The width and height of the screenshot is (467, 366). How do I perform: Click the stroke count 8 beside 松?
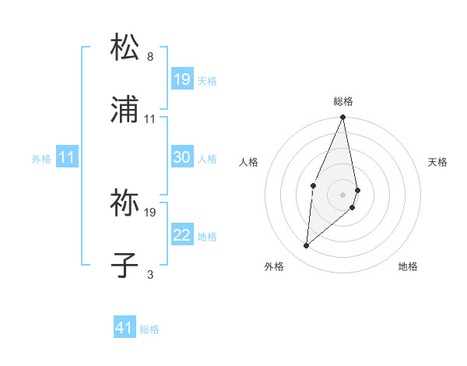(x=149, y=57)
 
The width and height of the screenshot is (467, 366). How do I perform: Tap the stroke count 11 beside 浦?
(x=150, y=119)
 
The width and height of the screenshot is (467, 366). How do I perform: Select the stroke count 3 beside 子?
(x=149, y=275)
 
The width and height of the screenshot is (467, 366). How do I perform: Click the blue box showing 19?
(x=182, y=79)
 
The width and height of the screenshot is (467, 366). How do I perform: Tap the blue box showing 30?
(x=182, y=157)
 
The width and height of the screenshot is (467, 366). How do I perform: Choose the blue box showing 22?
(x=182, y=235)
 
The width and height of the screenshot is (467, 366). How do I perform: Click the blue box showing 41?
(x=125, y=328)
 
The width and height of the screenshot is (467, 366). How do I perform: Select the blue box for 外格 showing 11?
(x=67, y=157)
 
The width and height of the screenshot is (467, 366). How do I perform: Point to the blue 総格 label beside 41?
(x=149, y=329)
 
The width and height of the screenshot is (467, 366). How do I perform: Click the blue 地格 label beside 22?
(x=207, y=236)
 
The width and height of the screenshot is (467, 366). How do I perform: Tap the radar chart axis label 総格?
(x=343, y=101)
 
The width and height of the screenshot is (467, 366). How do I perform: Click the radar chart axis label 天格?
(x=437, y=162)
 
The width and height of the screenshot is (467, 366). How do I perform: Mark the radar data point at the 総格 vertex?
(x=343, y=117)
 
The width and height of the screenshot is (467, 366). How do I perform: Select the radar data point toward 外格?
(x=307, y=246)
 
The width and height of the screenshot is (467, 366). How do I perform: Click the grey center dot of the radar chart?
(x=343, y=194)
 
